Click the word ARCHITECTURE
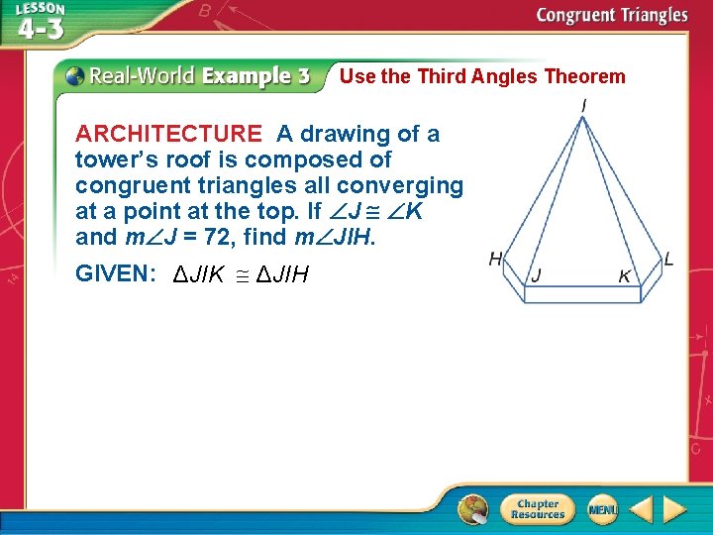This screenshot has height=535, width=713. (168, 134)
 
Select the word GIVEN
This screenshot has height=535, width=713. (111, 274)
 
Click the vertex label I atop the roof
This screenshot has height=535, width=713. (584, 104)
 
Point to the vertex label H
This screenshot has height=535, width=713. (495, 260)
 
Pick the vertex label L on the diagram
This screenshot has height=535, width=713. (669, 260)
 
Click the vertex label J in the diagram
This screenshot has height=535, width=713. (536, 275)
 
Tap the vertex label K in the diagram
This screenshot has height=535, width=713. (625, 276)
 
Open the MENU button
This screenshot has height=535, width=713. (602, 509)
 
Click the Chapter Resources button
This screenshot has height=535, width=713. (537, 509)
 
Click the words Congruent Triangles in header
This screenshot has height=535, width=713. (611, 15)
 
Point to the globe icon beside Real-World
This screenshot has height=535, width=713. (75, 75)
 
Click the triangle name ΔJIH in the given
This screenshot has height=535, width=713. (282, 274)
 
